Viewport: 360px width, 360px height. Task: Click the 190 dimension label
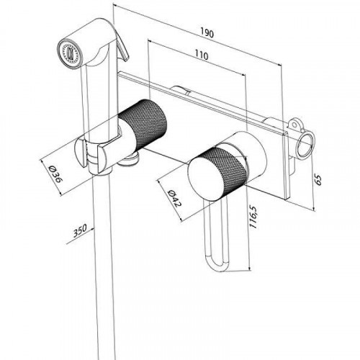(x=207, y=33)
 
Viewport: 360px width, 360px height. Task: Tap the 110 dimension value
(x=201, y=55)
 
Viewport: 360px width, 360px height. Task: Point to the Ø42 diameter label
(x=174, y=198)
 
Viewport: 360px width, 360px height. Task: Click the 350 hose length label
(x=80, y=230)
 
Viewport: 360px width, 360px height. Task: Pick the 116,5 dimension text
(x=253, y=217)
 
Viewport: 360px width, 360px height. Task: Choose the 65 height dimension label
(x=318, y=180)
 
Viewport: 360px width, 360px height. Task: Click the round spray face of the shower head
(x=70, y=53)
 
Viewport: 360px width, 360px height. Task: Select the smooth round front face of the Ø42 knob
(x=205, y=179)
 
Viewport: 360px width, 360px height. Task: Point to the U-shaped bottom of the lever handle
(x=217, y=264)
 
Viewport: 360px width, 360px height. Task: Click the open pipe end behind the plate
(x=305, y=145)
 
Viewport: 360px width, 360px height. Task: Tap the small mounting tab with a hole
(x=295, y=125)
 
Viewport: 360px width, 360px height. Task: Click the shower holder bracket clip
(x=92, y=153)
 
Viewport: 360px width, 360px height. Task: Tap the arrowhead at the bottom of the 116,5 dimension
(x=250, y=268)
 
